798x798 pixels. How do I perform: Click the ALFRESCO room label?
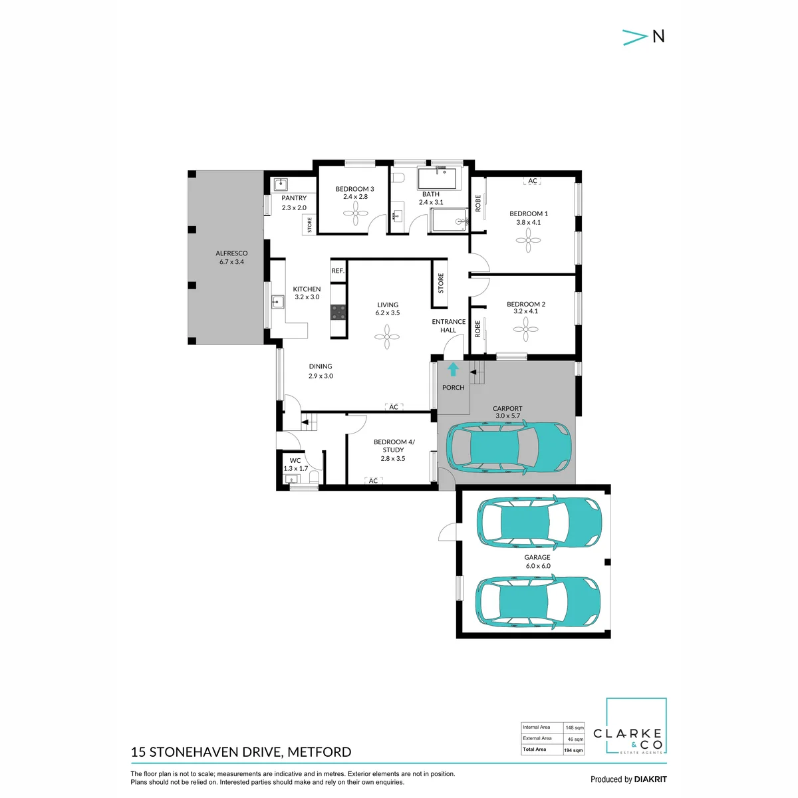(x=231, y=253)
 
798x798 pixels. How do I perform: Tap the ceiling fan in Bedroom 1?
(x=528, y=240)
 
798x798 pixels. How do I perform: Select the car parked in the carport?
(x=509, y=448)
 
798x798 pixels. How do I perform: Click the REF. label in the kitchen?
(x=338, y=271)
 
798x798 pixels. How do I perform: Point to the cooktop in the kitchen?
(x=338, y=313)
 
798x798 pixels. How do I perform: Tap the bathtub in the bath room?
(x=437, y=178)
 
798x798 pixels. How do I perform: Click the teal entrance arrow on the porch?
(x=453, y=369)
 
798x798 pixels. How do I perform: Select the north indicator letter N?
(x=658, y=37)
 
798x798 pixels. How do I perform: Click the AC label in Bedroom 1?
(x=532, y=181)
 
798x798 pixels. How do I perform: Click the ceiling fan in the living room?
(x=387, y=337)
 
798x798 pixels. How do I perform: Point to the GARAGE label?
(x=537, y=557)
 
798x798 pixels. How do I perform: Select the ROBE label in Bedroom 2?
(x=477, y=329)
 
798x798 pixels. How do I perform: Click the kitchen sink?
(x=277, y=302)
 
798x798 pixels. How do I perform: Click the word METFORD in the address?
(x=319, y=751)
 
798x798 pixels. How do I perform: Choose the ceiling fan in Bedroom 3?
(x=355, y=213)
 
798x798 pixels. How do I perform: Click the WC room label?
(x=295, y=460)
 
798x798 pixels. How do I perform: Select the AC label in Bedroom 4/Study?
(x=373, y=480)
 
